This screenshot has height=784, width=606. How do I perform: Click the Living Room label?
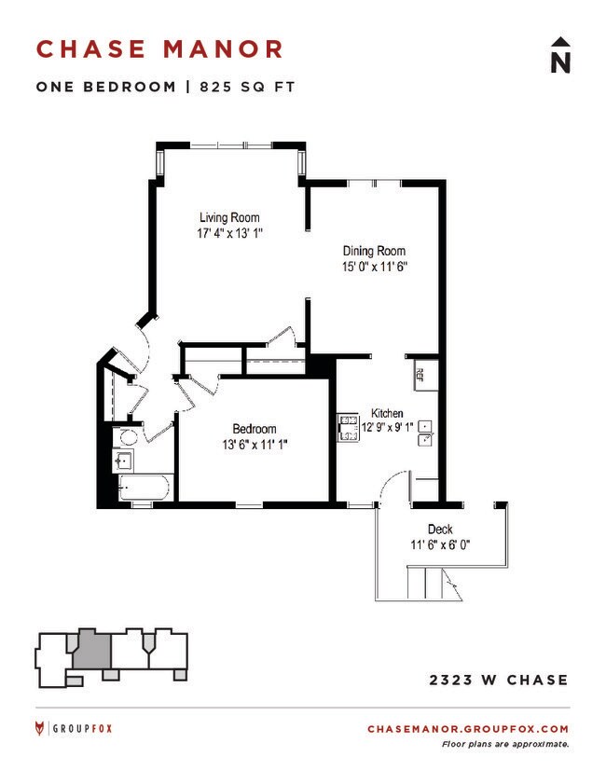(228, 218)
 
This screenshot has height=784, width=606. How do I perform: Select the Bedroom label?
(255, 429)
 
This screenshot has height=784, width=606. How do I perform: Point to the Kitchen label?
(387, 413)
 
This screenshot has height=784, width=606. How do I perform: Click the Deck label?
(440, 529)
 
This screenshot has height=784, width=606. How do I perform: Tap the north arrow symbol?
(559, 55)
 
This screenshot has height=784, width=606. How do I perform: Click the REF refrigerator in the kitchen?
(420, 375)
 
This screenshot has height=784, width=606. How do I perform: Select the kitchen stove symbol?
(348, 427)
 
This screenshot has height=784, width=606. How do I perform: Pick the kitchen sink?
(425, 432)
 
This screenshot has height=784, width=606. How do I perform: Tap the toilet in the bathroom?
(128, 436)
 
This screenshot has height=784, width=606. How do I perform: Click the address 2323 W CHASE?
(498, 680)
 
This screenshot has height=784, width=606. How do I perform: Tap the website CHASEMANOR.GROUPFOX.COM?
(467, 729)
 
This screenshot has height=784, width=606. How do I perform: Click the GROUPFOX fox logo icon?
(38, 728)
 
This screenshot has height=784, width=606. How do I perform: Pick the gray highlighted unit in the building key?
(92, 646)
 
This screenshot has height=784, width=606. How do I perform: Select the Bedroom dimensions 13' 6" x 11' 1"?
(255, 445)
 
